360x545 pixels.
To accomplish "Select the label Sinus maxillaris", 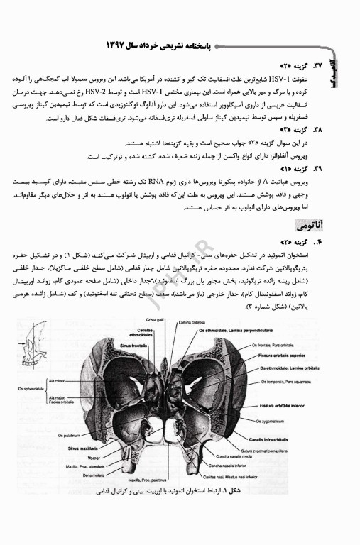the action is pos(83,448).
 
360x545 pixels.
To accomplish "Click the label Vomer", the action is pos(89,458).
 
